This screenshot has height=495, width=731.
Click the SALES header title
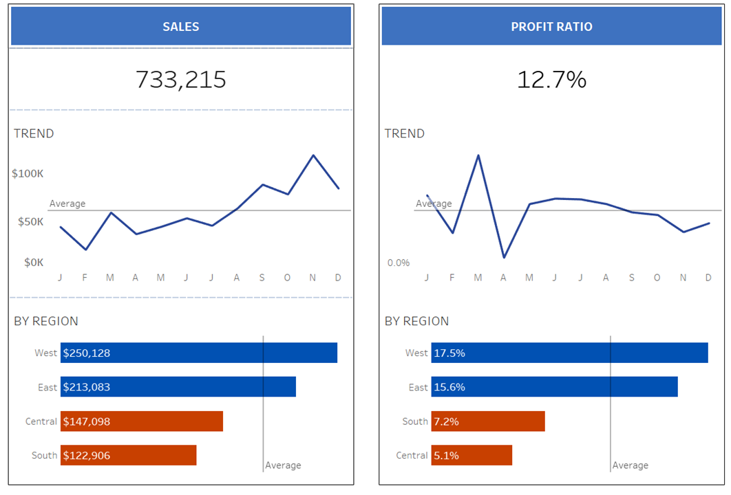[181, 27]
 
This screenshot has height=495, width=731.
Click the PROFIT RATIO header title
[551, 27]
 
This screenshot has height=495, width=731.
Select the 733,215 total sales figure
[181, 80]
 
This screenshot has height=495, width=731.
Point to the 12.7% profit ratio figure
[551, 80]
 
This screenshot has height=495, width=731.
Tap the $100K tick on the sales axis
[28, 173]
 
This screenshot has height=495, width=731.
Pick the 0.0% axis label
[398, 263]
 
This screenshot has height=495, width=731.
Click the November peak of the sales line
[313, 155]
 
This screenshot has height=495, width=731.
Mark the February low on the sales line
[85, 249]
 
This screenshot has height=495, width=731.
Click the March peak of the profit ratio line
[478, 155]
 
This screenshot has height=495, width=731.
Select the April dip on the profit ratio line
[504, 257]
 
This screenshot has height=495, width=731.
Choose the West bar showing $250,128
[199, 353]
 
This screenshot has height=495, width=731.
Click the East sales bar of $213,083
[178, 387]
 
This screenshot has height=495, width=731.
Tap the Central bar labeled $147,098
[142, 421]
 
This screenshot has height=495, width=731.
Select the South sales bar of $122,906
[129, 455]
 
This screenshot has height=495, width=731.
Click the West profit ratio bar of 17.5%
[570, 353]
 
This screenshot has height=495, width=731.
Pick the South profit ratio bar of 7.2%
[488, 421]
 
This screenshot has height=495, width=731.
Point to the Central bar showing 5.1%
[472, 455]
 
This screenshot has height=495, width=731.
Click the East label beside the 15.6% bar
[418, 387]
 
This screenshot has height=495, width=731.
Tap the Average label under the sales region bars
[283, 465]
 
